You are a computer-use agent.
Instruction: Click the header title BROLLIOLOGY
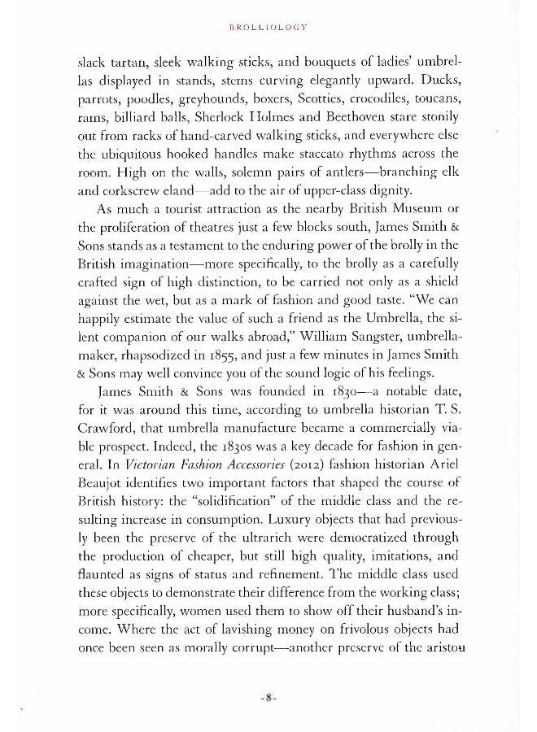click(268, 25)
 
